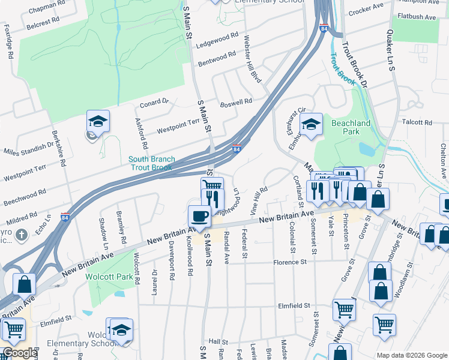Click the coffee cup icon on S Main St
click(199, 216)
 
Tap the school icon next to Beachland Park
click(311, 124)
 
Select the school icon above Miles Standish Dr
click(98, 121)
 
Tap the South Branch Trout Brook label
click(152, 164)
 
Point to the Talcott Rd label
click(417, 122)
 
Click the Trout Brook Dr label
click(354, 61)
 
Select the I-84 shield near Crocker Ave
click(324, 28)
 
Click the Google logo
click(19, 353)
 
